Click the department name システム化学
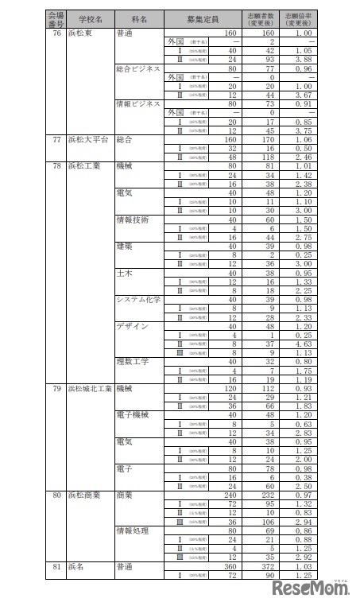pyautogui.click(x=138, y=300)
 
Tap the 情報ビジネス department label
pyautogui.click(x=138, y=103)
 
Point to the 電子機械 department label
pyautogui.click(x=132, y=414)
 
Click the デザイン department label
pyautogui.click(x=132, y=325)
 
